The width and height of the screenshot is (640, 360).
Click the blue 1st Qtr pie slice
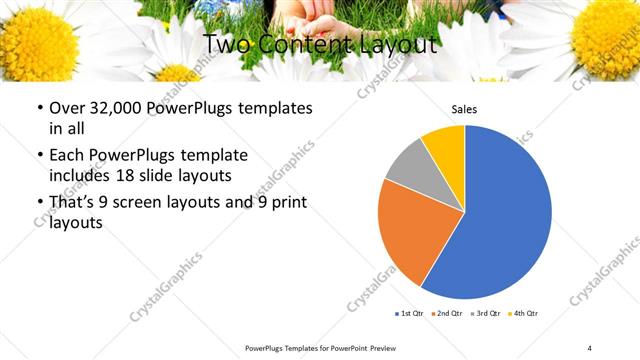[x=505, y=215]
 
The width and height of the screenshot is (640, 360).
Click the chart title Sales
[x=464, y=109]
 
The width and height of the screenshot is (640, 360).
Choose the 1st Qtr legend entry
[x=407, y=314]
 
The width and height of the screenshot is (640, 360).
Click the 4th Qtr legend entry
[x=524, y=314]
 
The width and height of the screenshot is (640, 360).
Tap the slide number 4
[x=589, y=347]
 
